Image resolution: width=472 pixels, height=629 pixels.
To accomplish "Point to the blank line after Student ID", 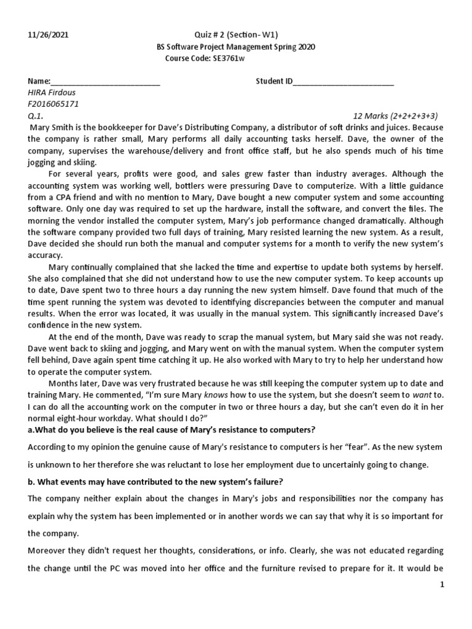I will pyautogui.click(x=344, y=82).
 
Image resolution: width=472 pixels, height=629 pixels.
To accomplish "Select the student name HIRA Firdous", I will pyautogui.click(x=54, y=93).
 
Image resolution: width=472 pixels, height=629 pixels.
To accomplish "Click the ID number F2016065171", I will pyautogui.click(x=53, y=104).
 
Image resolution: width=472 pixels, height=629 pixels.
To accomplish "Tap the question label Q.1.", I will pyautogui.click(x=35, y=115).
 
